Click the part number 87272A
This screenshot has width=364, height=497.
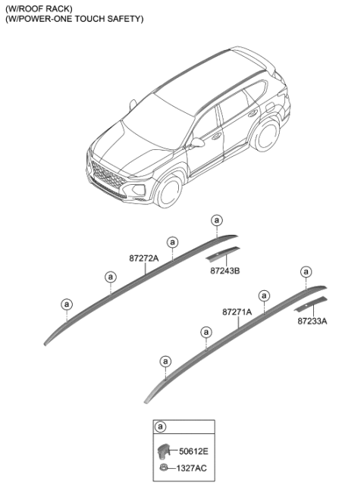point(144,258)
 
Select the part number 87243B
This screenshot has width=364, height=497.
point(225,271)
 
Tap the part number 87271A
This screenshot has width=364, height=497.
point(237,312)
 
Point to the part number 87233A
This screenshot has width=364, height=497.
point(312,321)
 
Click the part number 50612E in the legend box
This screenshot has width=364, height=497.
point(193,451)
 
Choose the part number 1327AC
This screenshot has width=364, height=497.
point(191,468)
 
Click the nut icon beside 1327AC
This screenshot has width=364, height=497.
point(164,467)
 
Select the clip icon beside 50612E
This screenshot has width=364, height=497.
point(163,451)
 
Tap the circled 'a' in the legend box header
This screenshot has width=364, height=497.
point(160,427)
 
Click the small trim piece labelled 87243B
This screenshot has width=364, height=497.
point(223,255)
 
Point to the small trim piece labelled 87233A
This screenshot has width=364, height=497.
point(311,305)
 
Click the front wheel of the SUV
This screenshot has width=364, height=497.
point(169,192)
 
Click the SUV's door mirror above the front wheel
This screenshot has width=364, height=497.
point(197,142)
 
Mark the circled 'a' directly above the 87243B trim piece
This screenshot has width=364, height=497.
point(217,220)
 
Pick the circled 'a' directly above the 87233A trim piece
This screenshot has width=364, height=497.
point(306,272)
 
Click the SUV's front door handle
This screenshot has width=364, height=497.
point(216,136)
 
